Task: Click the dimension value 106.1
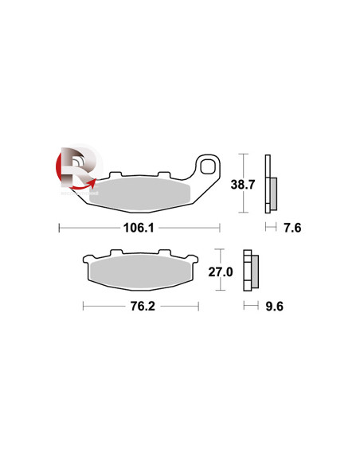pos(139,228)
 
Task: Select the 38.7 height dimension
pos(243,185)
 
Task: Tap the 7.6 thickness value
pos(292,228)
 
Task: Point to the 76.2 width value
pos(143,306)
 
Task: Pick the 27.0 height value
pos(221,272)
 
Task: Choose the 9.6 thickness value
pos(274,306)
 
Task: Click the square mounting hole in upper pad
pos(208,167)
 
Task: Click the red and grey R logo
pos(79,170)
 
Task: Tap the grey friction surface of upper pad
pos(139,194)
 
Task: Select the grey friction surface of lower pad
pos(139,272)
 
